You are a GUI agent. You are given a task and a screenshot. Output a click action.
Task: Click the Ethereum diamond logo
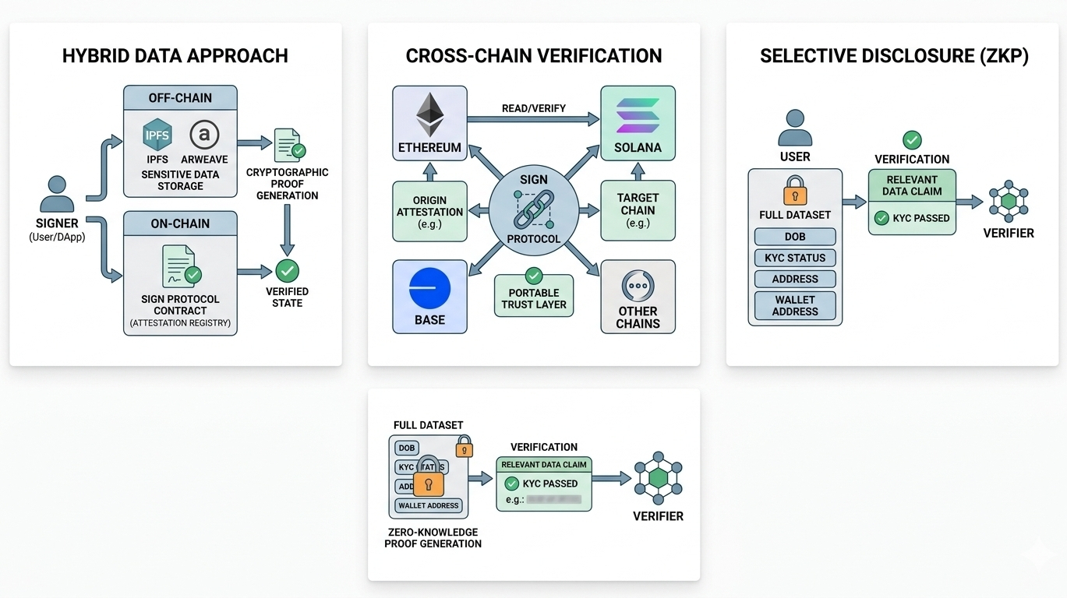(429, 114)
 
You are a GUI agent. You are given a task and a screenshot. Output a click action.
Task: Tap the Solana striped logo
(638, 115)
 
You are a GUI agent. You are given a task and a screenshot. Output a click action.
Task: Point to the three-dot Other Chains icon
(638, 286)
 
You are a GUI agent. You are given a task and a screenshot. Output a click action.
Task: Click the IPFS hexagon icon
(157, 135)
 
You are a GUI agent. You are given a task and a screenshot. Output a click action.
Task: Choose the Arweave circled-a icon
(204, 135)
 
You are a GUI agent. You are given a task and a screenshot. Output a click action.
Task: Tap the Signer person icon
(57, 194)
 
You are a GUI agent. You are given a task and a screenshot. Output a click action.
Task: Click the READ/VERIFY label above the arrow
(533, 109)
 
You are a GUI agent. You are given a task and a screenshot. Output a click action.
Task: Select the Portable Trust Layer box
(534, 295)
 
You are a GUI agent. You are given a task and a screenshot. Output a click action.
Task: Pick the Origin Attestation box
(429, 211)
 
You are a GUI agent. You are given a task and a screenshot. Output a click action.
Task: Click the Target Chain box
(638, 210)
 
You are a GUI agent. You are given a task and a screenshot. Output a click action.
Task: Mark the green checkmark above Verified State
(287, 271)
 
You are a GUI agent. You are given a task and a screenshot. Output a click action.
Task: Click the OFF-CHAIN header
(180, 98)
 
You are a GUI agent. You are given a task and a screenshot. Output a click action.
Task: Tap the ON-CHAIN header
(180, 223)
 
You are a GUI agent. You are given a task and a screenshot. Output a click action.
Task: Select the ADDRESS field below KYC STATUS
(795, 279)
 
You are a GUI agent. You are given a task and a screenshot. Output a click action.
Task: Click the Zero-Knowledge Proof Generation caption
(433, 537)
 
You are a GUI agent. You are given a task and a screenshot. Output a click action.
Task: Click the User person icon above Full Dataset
(795, 128)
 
